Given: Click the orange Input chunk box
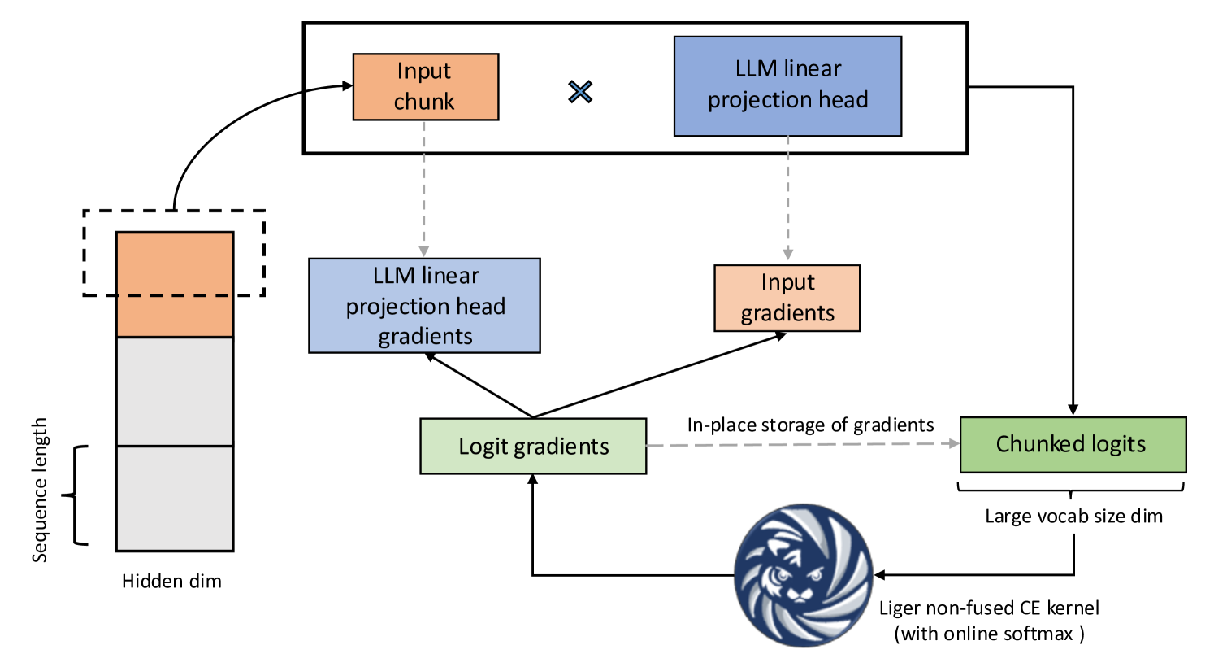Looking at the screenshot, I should [x=425, y=87].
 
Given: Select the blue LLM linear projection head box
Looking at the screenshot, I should [x=787, y=85].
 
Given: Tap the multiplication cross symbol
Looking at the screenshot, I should [x=580, y=92].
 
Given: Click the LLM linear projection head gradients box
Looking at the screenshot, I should [x=424, y=306].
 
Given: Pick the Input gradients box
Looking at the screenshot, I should [x=787, y=298].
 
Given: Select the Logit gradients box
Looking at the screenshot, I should [x=533, y=446].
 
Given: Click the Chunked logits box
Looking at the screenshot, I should [x=1073, y=444].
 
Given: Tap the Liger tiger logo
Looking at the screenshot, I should [x=803, y=574].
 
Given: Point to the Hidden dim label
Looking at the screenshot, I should [x=171, y=581].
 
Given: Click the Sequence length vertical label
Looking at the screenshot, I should [x=39, y=490].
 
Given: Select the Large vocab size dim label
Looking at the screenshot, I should [x=1073, y=516].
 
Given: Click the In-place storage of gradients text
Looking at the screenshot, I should [x=810, y=425].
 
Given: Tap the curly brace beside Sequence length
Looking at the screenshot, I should [x=76, y=495].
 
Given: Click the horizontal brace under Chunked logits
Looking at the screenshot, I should [x=1070, y=489].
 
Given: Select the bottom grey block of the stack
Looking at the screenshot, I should [x=175, y=498].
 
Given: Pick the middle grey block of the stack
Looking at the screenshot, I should [x=175, y=391].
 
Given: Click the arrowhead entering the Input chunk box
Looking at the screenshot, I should [x=347, y=86].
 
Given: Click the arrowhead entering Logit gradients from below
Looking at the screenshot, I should [x=533, y=480].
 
